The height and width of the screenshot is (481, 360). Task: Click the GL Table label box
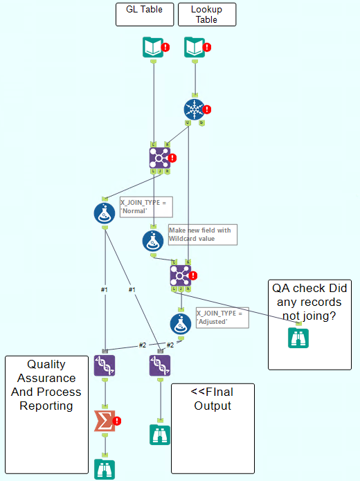(x=145, y=15)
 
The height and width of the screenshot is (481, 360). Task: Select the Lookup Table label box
(x=207, y=15)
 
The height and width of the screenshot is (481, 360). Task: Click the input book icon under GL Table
(x=153, y=47)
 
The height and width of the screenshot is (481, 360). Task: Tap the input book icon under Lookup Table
(x=195, y=47)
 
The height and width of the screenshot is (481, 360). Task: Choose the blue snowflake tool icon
(x=195, y=109)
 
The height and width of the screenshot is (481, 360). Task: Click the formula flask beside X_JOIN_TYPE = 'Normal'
(x=105, y=213)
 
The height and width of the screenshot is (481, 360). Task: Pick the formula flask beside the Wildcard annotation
(x=153, y=241)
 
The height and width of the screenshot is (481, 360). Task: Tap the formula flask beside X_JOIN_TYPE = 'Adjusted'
(x=181, y=323)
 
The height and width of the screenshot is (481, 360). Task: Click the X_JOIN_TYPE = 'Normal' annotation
(x=146, y=207)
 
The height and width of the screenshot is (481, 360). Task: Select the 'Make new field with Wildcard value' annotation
(x=202, y=235)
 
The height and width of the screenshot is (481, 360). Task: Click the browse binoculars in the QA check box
(x=298, y=338)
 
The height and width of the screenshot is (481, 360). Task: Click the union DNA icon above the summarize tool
(x=105, y=365)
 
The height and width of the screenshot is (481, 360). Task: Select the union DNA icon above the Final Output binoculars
(x=160, y=365)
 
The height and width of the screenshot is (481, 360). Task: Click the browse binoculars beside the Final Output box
(x=160, y=435)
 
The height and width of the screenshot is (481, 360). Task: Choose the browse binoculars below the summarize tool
(x=105, y=469)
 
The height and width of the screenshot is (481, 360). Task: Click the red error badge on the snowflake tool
(x=206, y=109)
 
